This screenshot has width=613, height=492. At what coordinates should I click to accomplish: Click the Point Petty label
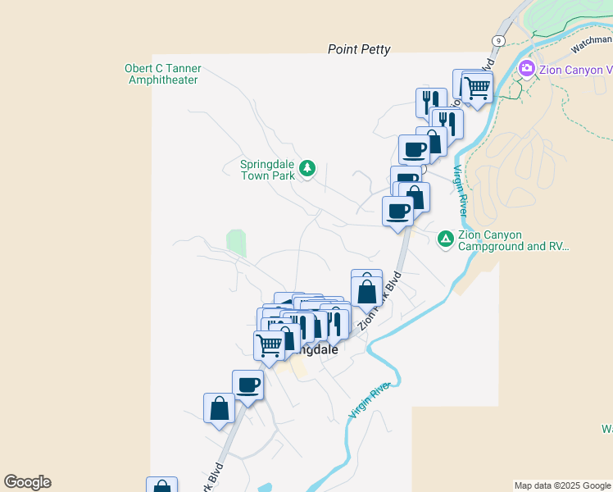(x=359, y=49)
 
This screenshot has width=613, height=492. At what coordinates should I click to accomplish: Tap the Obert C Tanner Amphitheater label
(x=162, y=75)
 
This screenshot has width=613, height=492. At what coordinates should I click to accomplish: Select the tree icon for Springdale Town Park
(x=307, y=168)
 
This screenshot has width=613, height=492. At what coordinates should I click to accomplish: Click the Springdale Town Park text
(x=267, y=169)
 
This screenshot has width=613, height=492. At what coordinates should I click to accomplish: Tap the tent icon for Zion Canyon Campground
(x=445, y=239)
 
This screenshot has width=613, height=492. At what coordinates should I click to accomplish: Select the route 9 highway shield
(x=498, y=40)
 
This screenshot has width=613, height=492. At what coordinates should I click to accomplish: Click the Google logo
(x=27, y=482)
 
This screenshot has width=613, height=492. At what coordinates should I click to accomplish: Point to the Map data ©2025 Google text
(x=562, y=485)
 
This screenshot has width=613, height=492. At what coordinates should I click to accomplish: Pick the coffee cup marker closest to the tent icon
(x=399, y=212)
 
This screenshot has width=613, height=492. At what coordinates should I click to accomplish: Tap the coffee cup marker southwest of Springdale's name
(x=247, y=385)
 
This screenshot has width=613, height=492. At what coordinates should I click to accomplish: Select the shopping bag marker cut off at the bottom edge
(x=161, y=485)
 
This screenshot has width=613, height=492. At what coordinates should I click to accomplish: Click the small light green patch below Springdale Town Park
(x=236, y=243)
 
